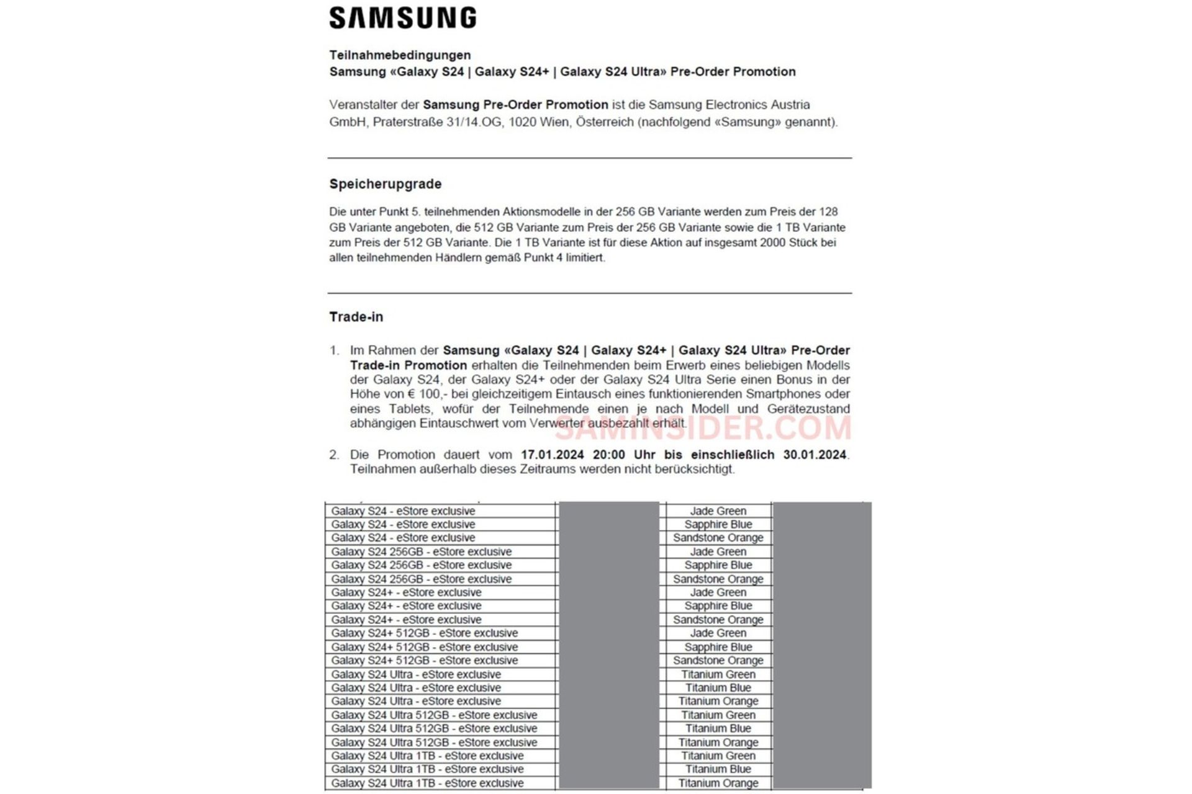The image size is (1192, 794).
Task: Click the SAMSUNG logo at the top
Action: click(403, 18)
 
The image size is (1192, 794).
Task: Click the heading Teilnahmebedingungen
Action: click(400, 55)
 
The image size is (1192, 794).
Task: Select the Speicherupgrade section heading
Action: click(386, 184)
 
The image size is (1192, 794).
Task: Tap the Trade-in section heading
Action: click(356, 317)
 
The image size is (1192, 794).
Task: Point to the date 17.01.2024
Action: click(552, 455)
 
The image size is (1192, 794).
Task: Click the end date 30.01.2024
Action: click(815, 455)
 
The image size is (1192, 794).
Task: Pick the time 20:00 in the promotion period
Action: click(608, 455)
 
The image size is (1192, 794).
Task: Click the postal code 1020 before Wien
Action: click(522, 122)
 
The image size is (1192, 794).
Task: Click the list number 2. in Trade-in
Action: click(334, 455)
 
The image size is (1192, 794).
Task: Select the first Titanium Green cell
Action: click(718, 674)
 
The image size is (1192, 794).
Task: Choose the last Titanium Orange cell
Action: click(718, 783)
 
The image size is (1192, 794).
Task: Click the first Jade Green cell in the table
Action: click(718, 511)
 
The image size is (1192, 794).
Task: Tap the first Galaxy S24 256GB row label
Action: click(422, 552)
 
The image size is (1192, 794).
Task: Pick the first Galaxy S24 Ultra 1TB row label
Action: click(427, 756)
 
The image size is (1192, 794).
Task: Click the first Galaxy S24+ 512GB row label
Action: click(424, 633)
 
